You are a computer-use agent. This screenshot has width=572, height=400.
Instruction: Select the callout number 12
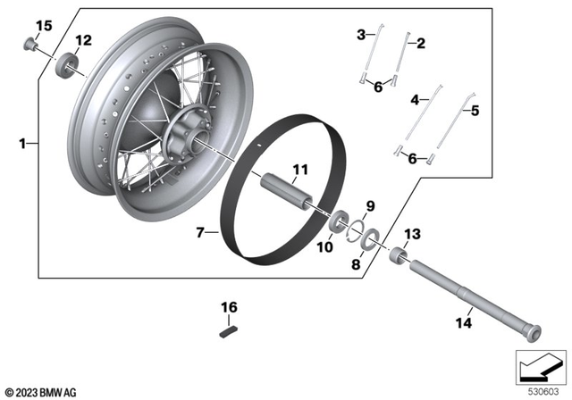point(83,40)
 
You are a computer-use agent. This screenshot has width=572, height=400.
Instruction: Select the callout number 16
point(230,307)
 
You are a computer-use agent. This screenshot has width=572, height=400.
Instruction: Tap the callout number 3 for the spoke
point(361,35)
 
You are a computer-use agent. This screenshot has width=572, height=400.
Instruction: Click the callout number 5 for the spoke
point(475,112)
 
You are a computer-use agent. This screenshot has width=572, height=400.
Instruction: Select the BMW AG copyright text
point(41,392)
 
